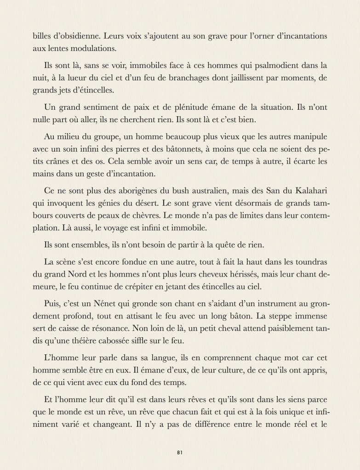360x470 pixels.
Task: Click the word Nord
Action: tap(83, 275)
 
